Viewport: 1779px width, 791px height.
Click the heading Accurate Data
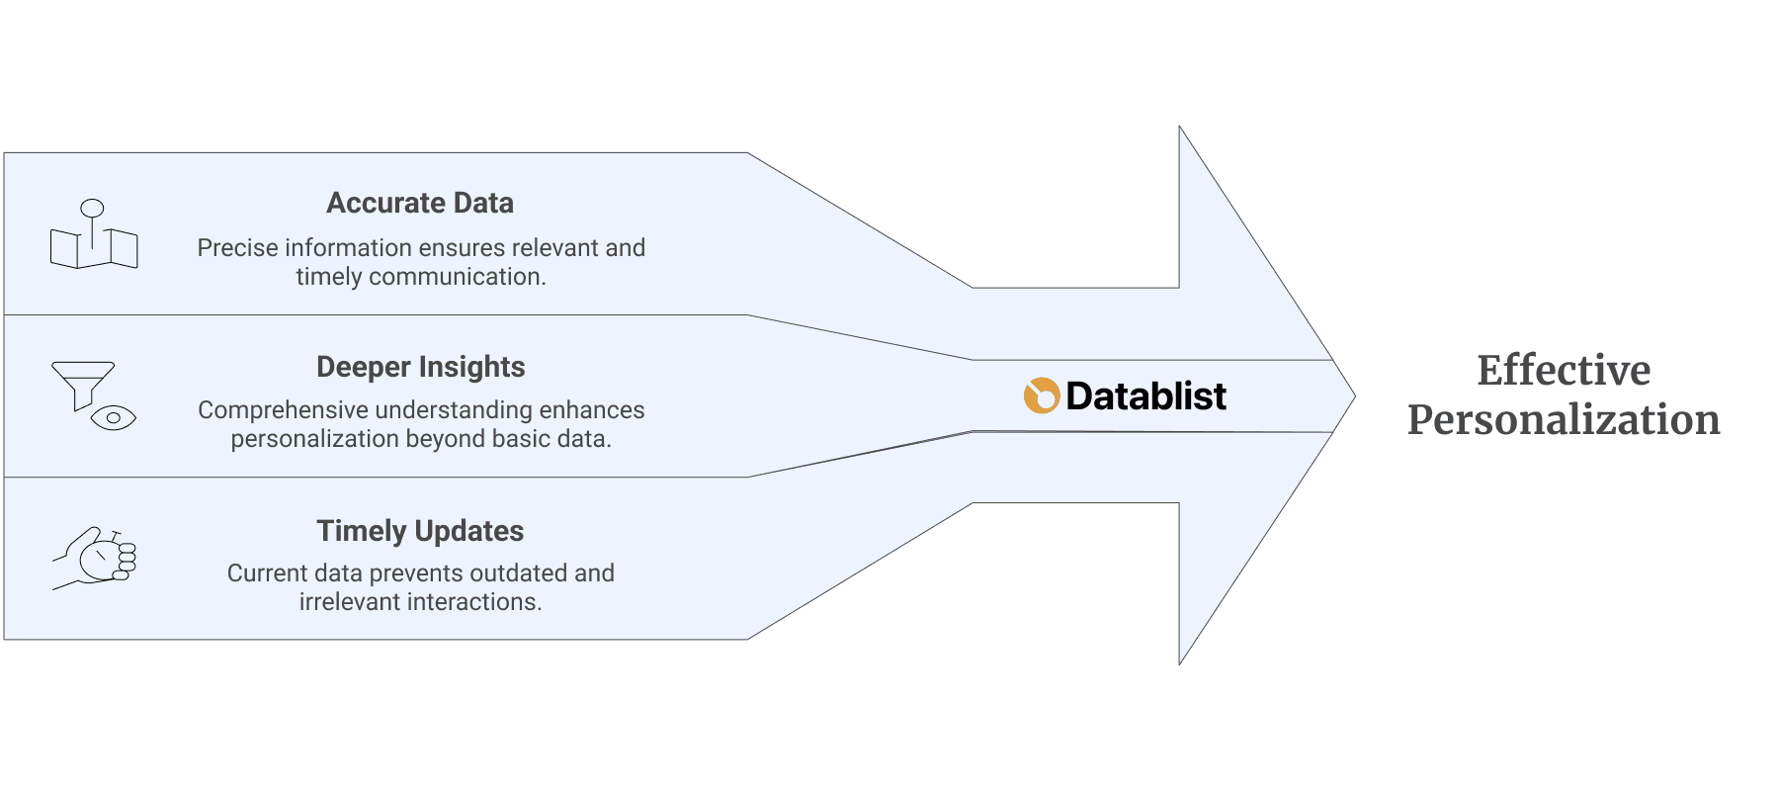point(420,203)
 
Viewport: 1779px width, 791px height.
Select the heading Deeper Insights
point(420,367)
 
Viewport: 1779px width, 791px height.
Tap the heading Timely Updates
point(420,531)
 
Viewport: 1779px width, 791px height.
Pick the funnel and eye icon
point(93,395)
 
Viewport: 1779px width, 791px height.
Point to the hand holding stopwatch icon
point(95,558)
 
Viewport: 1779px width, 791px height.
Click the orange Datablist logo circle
point(1042,395)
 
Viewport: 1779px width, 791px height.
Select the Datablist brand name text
point(1145,396)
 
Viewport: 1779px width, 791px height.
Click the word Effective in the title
point(1564,371)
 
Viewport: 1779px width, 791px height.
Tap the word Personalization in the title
point(1564,420)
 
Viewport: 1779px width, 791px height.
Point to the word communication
point(457,277)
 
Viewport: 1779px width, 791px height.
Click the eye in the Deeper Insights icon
point(113,418)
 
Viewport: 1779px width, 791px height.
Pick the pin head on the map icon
point(92,208)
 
